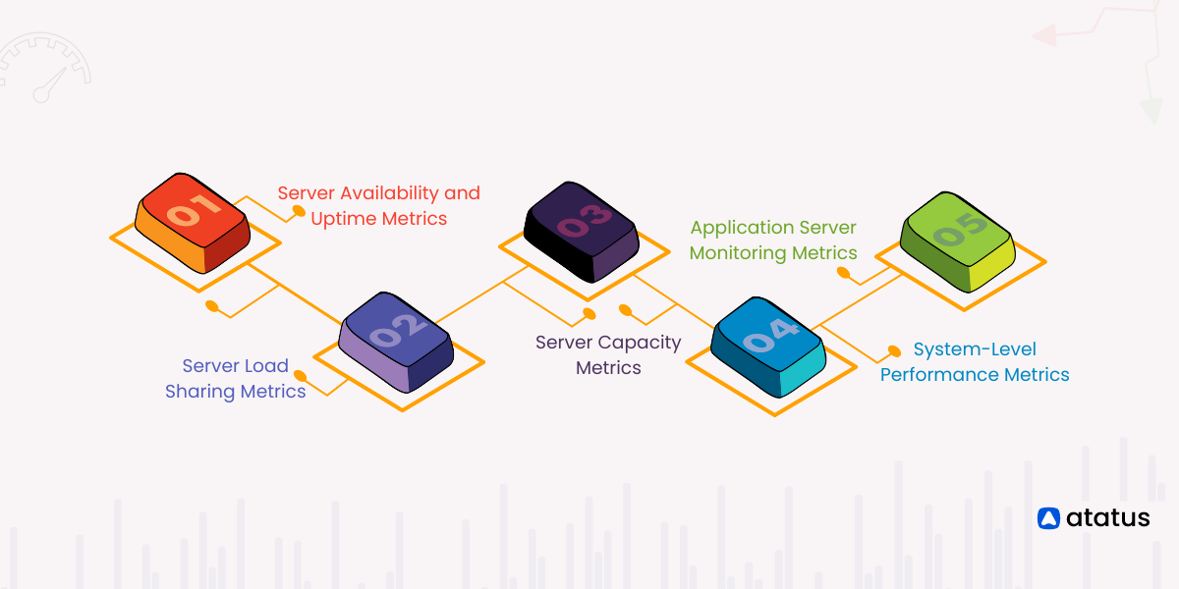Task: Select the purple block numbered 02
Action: [396, 340]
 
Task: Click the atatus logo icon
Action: [1048, 518]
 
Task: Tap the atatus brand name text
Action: [1106, 518]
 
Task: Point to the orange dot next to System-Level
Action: [894, 348]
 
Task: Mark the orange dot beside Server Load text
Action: [300, 376]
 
